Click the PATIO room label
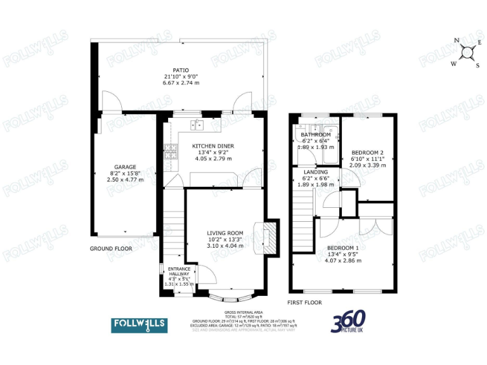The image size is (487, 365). click(x=181, y=70)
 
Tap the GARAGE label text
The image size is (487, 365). click(x=124, y=167)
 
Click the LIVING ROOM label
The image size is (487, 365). click(x=225, y=233)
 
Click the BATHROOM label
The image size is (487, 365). click(x=316, y=135)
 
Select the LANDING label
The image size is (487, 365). click(x=315, y=172)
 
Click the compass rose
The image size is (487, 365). click(x=466, y=53)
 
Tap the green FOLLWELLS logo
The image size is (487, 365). click(x=140, y=325)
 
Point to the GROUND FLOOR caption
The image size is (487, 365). click(x=111, y=249)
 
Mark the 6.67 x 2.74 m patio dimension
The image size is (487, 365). click(x=181, y=83)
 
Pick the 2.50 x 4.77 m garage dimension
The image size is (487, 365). click(x=124, y=180)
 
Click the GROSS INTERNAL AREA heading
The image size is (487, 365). click(x=243, y=312)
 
